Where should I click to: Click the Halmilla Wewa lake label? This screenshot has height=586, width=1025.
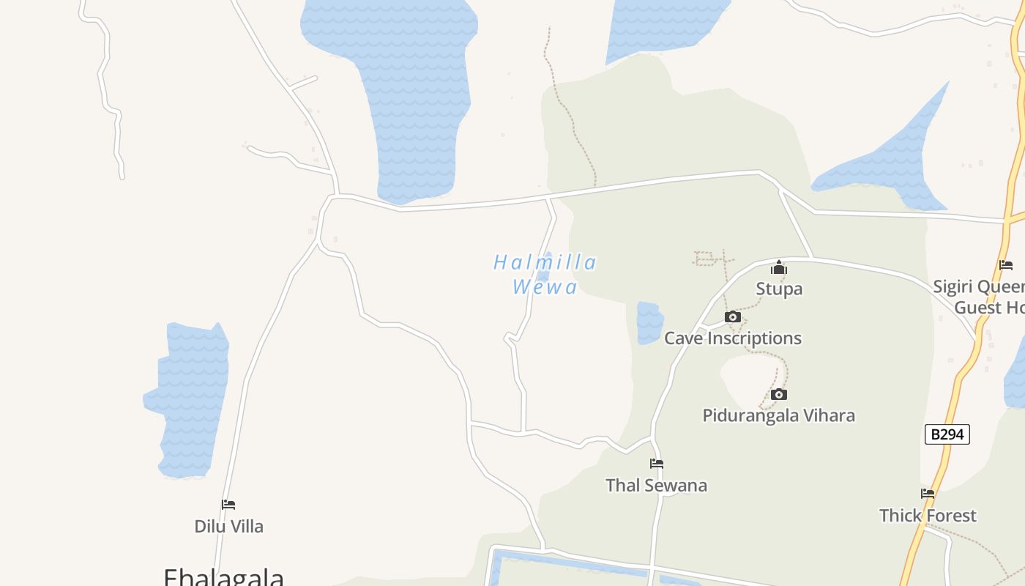pos(545,274)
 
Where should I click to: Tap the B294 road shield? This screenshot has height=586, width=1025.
pos(947,434)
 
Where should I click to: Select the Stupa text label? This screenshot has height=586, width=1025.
pos(779,289)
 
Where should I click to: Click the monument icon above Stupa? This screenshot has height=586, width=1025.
pos(779,267)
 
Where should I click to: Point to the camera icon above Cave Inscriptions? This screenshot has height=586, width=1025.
pos(732,316)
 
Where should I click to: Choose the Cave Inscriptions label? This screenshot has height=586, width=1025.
pos(732,338)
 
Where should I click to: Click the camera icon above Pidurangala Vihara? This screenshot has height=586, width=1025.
pos(779,394)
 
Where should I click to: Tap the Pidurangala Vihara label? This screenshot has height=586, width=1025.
pos(778,415)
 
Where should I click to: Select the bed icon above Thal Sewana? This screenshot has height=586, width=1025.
pos(657,464)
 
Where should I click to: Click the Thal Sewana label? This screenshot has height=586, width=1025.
pos(657,485)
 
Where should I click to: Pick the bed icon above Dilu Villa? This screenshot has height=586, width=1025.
pos(228,505)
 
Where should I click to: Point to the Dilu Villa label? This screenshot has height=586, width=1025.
pos(228,526)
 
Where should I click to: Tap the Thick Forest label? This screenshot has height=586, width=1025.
pos(928,515)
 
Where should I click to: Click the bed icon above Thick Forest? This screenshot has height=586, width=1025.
pos(928,494)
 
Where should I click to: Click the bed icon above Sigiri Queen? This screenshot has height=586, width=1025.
pos(1006,265)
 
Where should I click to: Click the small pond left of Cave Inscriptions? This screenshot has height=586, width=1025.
pos(649,322)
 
